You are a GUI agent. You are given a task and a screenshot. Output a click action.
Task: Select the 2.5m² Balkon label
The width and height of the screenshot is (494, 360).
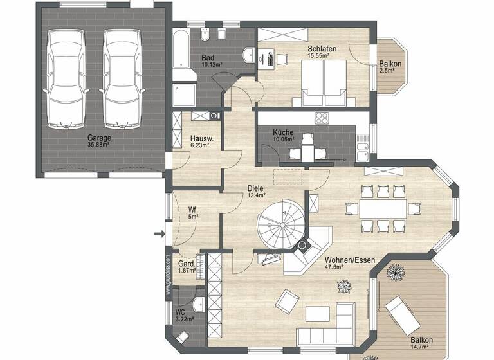[390, 67]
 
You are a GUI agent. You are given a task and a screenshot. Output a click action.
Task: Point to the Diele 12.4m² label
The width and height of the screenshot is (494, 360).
[256, 192]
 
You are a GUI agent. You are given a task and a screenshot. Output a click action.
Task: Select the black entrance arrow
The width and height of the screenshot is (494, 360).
[159, 235]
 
